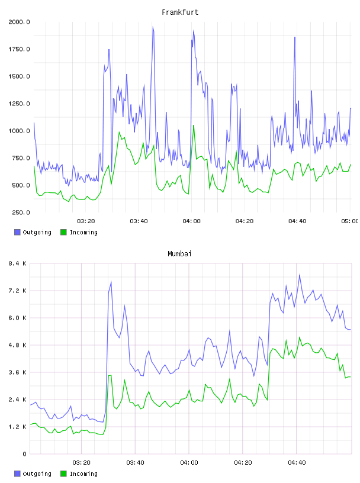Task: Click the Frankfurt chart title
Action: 180,12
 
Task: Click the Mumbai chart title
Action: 179,254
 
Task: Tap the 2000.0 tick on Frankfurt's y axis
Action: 19,22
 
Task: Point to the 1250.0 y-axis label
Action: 19,104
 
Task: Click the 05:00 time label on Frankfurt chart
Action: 350,221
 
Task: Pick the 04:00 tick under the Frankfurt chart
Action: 191,221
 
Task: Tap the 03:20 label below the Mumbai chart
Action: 81,463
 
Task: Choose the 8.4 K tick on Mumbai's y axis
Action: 18,263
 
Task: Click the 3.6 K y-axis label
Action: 18,372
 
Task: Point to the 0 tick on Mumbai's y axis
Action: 24,454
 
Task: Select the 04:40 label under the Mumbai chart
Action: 297,463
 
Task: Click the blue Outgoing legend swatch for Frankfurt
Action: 17,232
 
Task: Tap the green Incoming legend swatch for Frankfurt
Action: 63,232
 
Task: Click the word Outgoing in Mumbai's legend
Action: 37,474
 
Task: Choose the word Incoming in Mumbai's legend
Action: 83,474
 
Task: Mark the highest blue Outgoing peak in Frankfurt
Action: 153,27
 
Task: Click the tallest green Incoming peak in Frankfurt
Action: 194,125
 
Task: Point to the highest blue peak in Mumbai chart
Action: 299,275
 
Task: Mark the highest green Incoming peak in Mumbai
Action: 299,337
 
